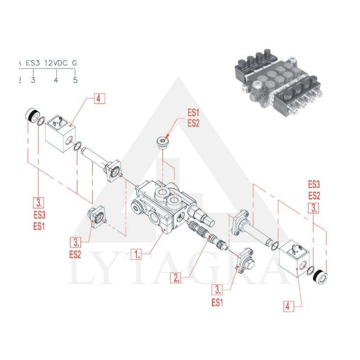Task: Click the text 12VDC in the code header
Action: (56, 63)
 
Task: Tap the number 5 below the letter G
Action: (75, 80)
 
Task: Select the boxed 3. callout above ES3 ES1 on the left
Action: (39, 202)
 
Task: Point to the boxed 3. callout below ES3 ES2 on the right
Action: (313, 207)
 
